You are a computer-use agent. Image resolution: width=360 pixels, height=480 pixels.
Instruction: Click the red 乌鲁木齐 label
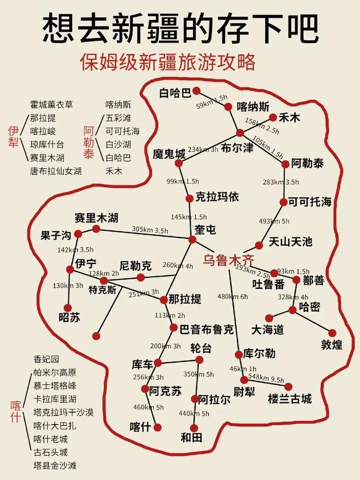[229, 260]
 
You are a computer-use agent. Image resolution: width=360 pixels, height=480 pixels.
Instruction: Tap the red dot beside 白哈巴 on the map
[197, 90]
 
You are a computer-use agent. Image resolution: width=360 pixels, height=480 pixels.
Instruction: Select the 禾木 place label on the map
[289, 118]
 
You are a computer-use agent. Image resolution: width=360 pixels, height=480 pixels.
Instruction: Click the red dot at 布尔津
[240, 133]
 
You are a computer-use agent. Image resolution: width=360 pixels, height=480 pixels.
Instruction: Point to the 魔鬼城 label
[169, 154]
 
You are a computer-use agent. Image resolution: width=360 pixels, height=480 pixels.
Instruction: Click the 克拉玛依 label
[217, 197]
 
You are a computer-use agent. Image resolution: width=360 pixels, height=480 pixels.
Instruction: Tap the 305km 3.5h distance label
[150, 230]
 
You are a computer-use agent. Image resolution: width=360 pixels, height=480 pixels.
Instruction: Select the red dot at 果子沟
[78, 234]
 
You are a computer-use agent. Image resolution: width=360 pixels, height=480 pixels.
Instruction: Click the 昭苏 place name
[69, 318]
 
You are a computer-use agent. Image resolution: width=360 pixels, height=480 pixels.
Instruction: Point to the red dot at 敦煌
[332, 333]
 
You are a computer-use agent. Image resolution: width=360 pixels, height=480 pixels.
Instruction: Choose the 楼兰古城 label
[290, 399]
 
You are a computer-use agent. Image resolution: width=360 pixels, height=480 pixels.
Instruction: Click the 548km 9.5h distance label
[266, 379]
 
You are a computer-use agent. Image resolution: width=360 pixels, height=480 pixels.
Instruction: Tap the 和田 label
[191, 437]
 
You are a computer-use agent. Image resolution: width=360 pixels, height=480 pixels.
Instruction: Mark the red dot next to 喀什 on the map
[158, 427]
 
